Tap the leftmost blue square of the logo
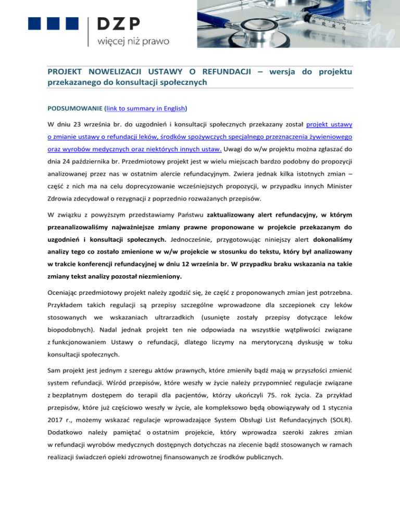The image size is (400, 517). pyautogui.click(x=35, y=23)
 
